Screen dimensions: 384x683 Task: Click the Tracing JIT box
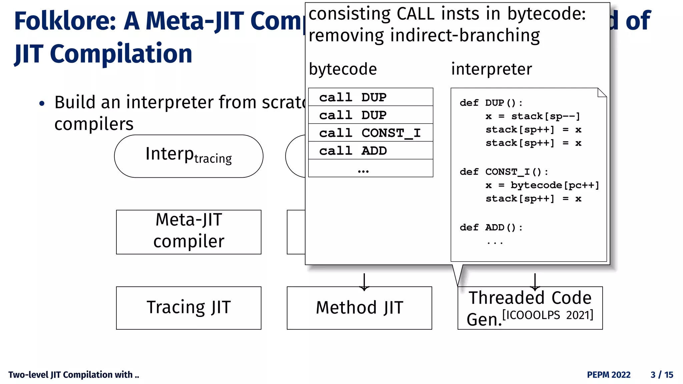pos(188,308)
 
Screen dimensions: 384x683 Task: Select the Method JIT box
pos(359,308)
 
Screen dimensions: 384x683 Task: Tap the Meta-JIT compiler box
pos(188,232)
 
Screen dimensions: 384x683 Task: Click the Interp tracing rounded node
pos(188,156)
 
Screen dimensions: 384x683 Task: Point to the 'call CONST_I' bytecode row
pos(370,133)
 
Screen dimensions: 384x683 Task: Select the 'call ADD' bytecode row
pos(370,151)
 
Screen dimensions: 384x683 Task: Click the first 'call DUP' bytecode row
pos(370,97)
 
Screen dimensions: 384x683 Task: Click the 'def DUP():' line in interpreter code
pos(491,103)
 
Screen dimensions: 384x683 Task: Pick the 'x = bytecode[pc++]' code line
pos(542,185)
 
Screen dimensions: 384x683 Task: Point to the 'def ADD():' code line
pos(491,228)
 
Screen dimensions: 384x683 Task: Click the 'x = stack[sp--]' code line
pos(533,116)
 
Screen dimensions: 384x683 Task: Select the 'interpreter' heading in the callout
pos(491,69)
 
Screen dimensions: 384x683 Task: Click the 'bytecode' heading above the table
pos(343,69)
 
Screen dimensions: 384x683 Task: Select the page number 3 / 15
pos(662,375)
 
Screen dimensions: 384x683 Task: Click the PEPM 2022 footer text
pos(608,375)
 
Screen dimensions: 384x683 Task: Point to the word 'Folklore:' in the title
pos(65,21)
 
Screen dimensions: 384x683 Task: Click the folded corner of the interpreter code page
pos(602,92)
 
